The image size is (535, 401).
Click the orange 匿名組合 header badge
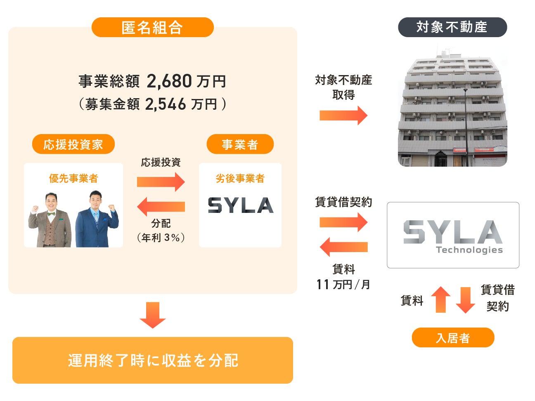152,27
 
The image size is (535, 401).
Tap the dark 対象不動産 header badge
452,27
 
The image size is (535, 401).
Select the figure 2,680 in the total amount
169,81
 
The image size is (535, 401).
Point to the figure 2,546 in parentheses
166,104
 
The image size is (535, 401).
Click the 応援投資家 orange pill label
73,144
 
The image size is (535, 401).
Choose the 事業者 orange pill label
240,144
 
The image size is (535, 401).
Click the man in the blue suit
97,219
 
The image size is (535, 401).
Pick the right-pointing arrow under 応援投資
161,182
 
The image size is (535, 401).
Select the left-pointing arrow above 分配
161,206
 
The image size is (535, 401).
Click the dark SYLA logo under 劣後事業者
240,205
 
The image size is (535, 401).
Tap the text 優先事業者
73,178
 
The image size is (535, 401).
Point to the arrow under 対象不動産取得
343,116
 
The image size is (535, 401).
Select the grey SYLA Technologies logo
453,236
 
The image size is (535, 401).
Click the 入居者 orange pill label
453,338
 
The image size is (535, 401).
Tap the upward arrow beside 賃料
440,300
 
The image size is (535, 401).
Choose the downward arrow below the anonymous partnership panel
152,315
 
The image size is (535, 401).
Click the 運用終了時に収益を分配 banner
152,360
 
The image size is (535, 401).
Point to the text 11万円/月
343,284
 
